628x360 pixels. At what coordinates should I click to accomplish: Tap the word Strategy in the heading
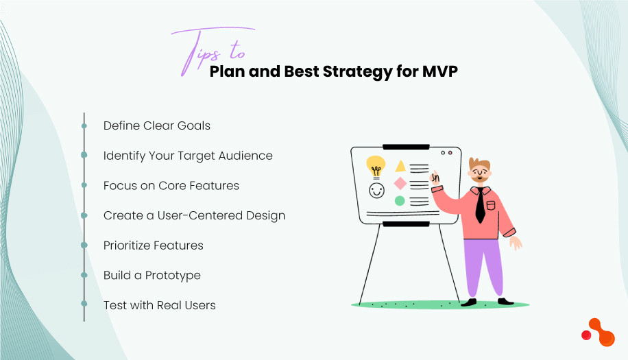(357, 71)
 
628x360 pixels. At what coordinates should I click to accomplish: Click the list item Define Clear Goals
(157, 125)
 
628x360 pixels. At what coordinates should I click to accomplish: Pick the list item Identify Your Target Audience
(188, 156)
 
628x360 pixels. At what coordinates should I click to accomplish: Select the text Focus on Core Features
(171, 186)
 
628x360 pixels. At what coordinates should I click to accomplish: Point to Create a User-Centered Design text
(194, 215)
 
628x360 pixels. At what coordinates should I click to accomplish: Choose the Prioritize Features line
(154, 245)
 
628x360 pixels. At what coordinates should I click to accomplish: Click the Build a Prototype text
(152, 276)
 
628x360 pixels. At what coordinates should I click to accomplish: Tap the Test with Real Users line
(160, 305)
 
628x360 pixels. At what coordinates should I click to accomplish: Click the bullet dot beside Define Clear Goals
(84, 126)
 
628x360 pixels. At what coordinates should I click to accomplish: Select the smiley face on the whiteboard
(376, 191)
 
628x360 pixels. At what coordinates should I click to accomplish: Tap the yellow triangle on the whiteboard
(400, 166)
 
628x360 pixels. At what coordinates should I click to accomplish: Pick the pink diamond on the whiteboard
(400, 183)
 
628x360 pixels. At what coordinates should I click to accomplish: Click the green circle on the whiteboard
(400, 201)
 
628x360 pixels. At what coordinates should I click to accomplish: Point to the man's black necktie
(480, 206)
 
